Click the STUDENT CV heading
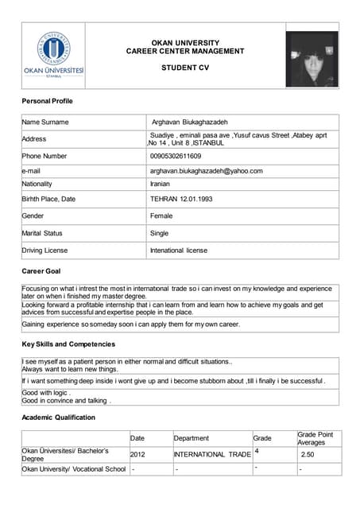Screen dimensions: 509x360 tap(185, 68)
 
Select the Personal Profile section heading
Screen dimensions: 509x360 tap(47, 103)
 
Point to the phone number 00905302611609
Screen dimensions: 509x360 tap(176, 156)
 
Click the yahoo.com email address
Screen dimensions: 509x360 tap(206, 170)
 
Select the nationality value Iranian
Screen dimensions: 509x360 tap(160, 184)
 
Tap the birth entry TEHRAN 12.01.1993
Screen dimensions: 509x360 tap(183, 199)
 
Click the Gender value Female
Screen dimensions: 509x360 tap(161, 216)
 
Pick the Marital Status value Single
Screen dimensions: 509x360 tap(159, 233)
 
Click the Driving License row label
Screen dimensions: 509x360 tap(46, 251)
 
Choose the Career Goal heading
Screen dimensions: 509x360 tap(41, 271)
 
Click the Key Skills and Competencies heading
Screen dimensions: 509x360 tap(68, 344)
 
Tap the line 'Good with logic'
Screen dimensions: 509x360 tap(47, 393)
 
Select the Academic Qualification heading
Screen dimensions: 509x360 tap(58, 417)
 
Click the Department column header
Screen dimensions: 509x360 tap(191, 438)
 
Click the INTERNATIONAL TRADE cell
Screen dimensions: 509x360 tap(212, 454)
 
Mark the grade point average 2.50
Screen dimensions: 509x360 tap(308, 454)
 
